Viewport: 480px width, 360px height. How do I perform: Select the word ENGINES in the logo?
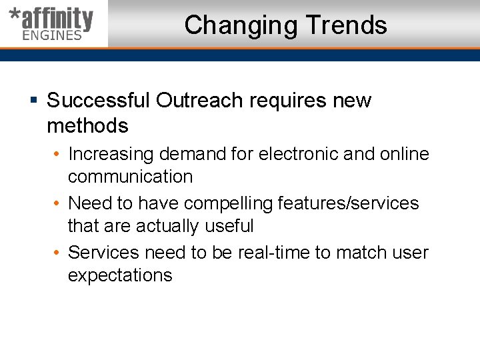52,35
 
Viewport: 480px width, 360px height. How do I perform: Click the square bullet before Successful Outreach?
33,101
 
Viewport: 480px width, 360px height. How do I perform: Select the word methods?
87,125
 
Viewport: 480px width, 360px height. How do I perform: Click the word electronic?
298,154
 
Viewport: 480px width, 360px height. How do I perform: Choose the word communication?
130,177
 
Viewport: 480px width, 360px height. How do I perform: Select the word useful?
229,226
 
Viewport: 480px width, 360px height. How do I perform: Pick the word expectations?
120,275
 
